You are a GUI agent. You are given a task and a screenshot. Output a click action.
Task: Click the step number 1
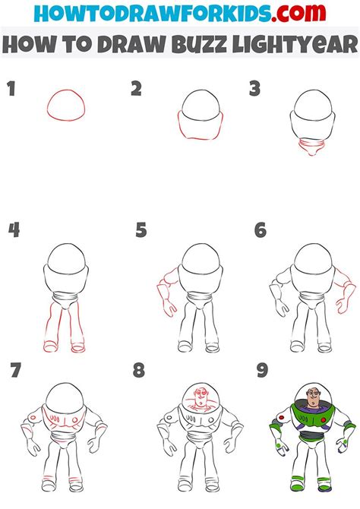11,90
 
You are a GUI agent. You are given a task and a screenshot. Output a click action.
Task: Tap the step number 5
141,230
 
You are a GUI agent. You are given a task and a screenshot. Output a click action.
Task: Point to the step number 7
15,371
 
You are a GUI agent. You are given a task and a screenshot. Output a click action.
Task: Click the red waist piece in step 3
311,146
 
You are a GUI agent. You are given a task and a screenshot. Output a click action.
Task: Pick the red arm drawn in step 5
166,292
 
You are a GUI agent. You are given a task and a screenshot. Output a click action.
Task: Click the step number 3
255,90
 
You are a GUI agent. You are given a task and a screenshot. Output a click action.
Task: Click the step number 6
261,230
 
